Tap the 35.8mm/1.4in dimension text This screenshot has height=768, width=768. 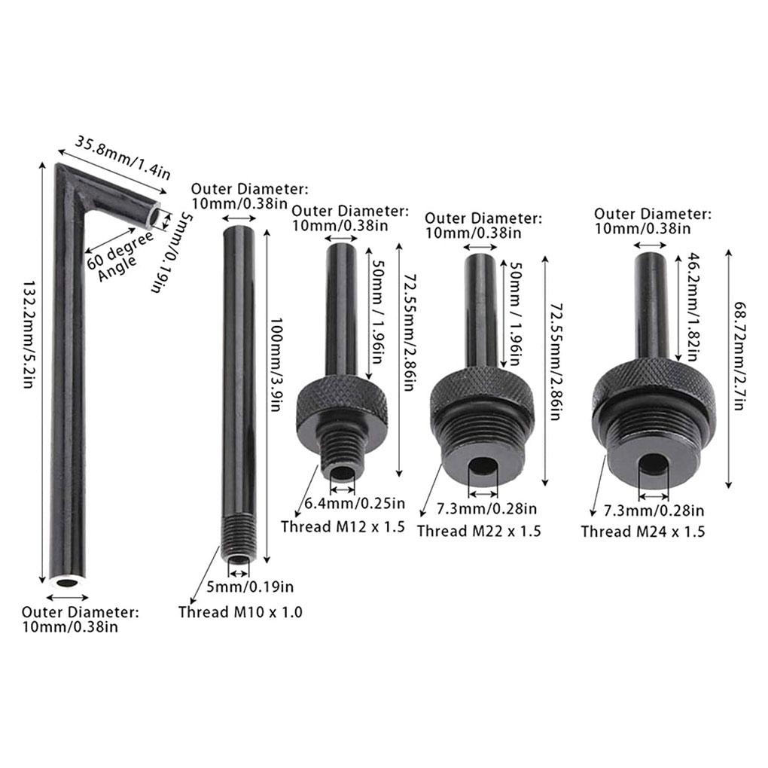coord(123,157)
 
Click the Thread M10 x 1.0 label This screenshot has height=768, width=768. coord(240,611)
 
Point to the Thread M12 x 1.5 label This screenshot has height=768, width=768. coord(343,526)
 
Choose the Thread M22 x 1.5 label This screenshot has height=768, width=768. coord(479,531)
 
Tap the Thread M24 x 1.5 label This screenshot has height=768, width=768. coord(643,532)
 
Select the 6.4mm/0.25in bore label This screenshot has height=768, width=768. coord(355,503)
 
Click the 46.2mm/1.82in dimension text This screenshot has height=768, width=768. coord(693,307)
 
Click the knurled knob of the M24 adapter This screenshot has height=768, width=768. coord(654,382)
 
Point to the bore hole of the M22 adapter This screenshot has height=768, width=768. coord(483,466)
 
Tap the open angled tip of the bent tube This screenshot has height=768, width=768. coord(155,217)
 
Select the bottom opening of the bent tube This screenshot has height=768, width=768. coord(66,583)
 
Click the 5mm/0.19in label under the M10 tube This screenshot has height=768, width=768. coord(250,587)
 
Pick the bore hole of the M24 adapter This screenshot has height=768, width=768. coord(654,465)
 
